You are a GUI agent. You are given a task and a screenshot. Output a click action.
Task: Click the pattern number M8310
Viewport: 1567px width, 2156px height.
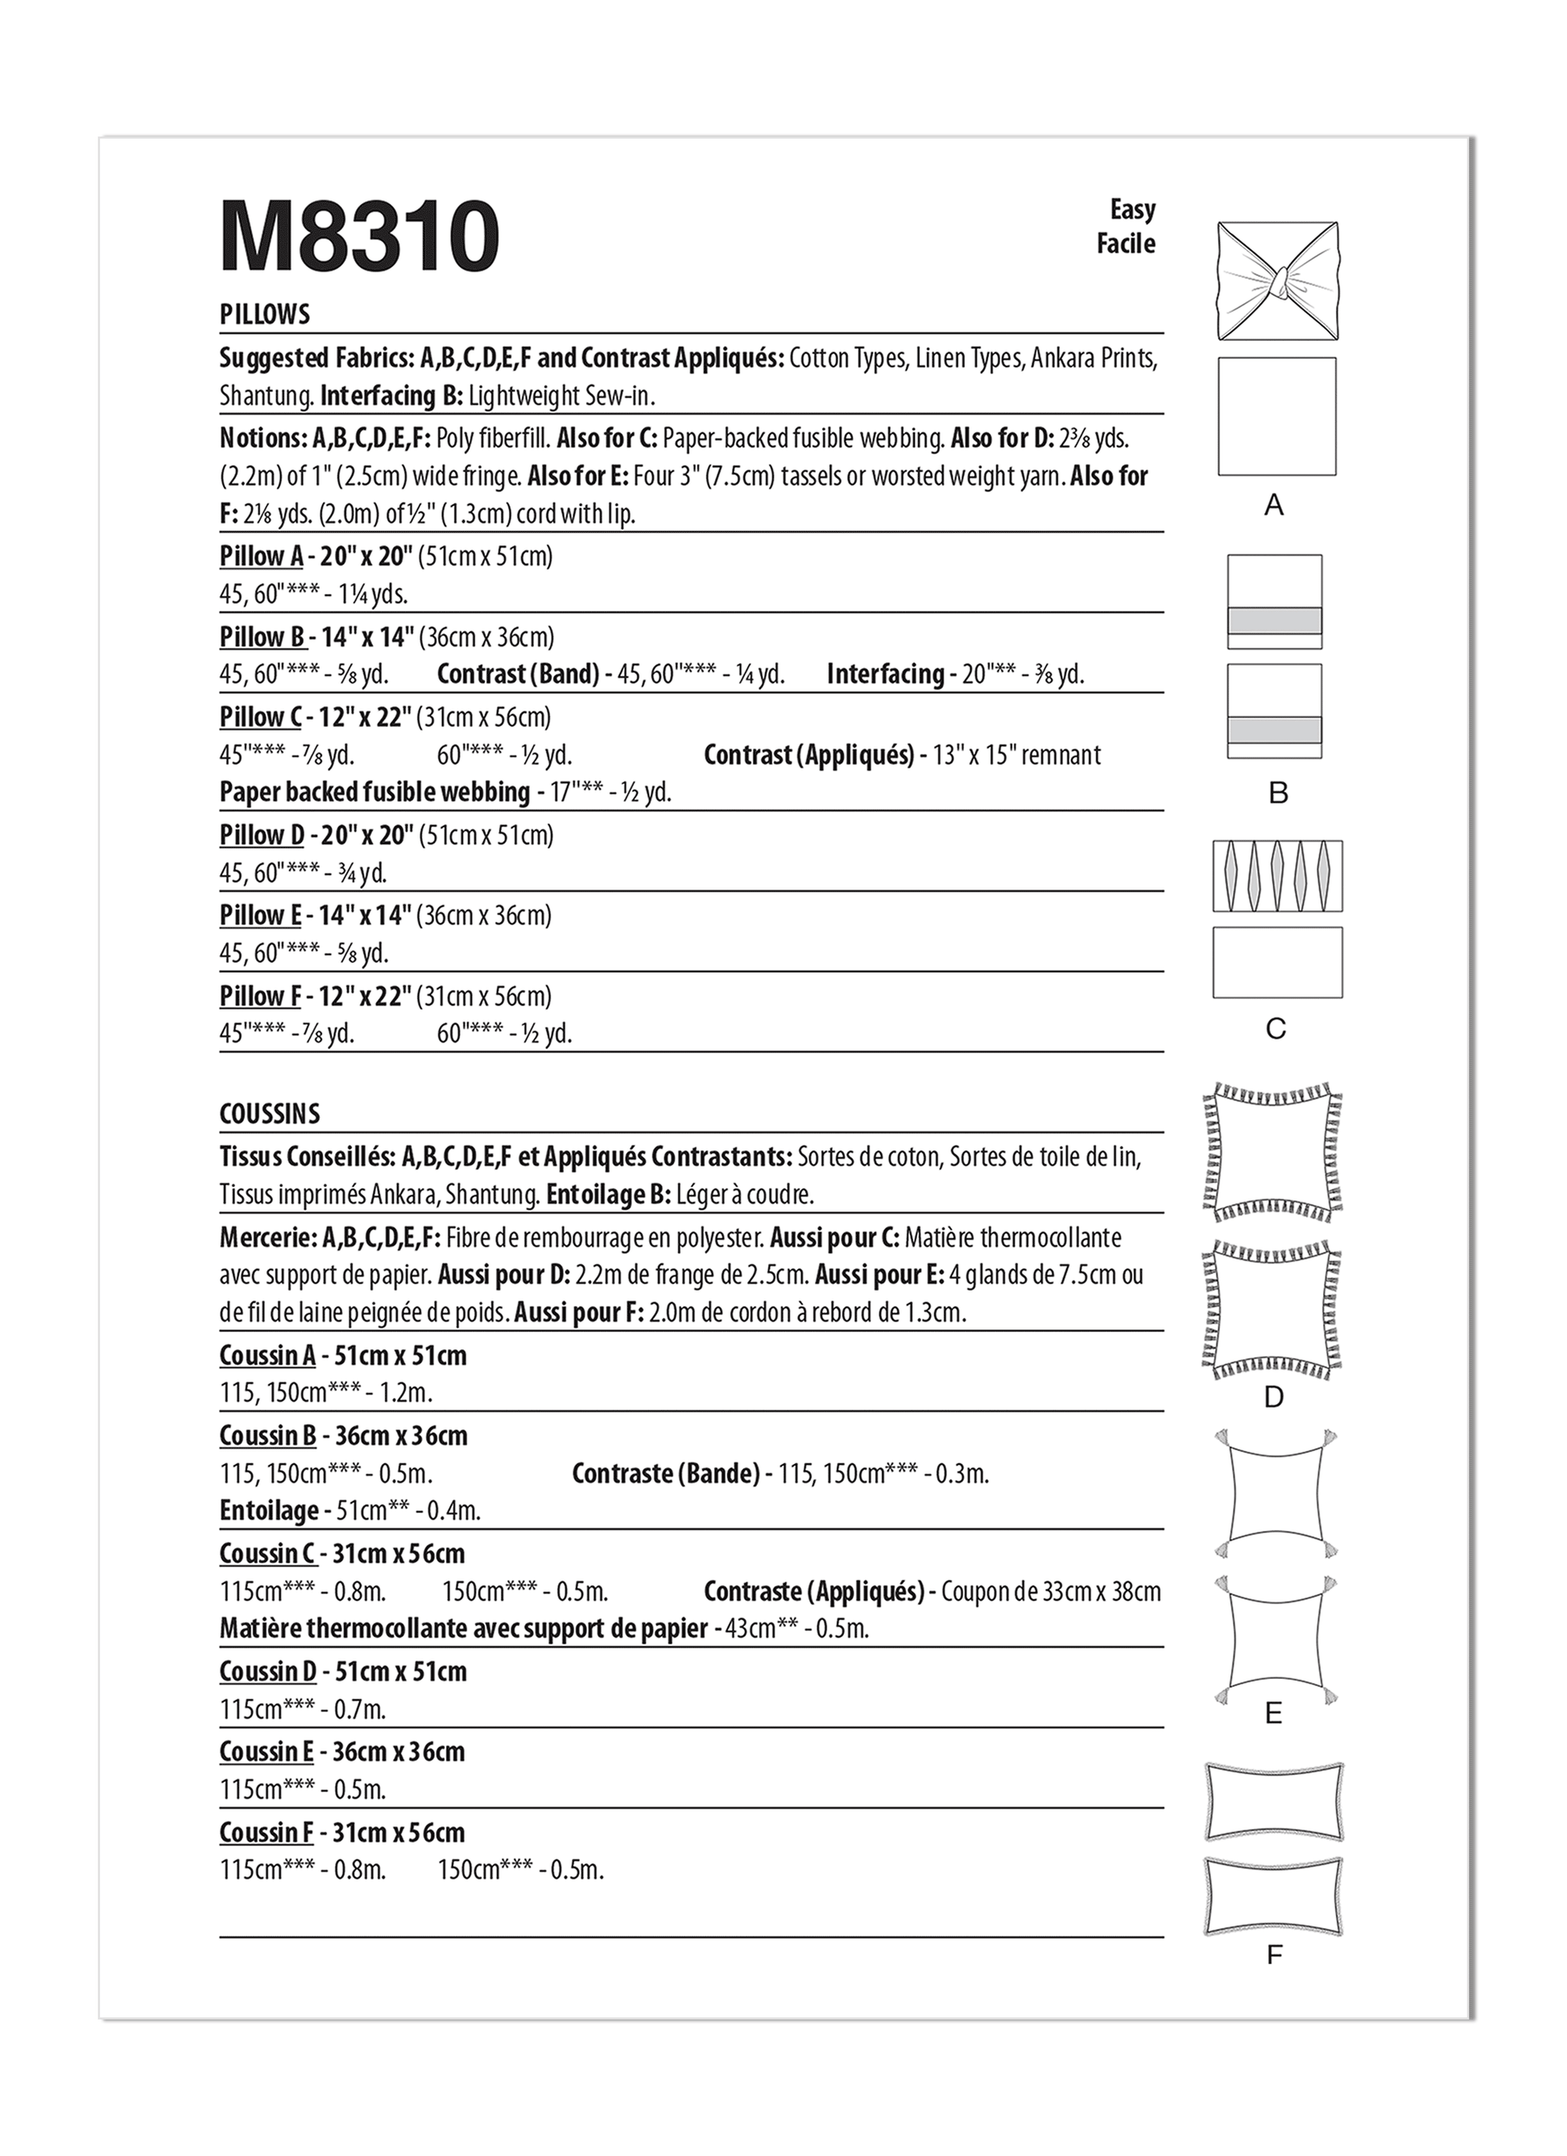(359, 236)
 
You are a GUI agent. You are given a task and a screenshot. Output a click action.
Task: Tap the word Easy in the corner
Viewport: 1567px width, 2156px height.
(1132, 209)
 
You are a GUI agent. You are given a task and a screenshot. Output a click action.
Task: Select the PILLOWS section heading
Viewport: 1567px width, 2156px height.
(264, 315)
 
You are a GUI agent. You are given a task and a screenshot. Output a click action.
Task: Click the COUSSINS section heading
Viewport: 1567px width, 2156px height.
(270, 1114)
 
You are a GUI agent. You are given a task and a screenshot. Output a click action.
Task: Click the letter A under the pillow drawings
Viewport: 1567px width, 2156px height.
(1275, 505)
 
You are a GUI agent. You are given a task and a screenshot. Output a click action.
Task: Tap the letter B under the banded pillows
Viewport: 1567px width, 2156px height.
(1278, 793)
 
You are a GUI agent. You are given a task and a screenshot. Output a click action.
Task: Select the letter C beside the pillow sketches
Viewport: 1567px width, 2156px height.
(1276, 1029)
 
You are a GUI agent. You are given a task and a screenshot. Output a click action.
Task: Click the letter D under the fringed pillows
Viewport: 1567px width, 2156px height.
(1275, 1396)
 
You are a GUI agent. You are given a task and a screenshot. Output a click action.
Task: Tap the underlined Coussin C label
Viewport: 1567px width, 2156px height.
(267, 1554)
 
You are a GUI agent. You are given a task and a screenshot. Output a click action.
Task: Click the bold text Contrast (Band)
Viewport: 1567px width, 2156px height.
(518, 674)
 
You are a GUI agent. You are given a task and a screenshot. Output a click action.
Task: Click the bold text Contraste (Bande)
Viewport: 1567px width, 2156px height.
(666, 1474)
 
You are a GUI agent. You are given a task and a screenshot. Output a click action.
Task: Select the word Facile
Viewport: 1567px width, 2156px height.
(1126, 244)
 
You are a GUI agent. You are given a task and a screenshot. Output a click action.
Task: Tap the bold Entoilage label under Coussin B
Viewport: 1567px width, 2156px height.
(269, 1511)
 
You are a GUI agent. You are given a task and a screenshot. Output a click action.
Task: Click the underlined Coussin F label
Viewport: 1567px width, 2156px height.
(266, 1833)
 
